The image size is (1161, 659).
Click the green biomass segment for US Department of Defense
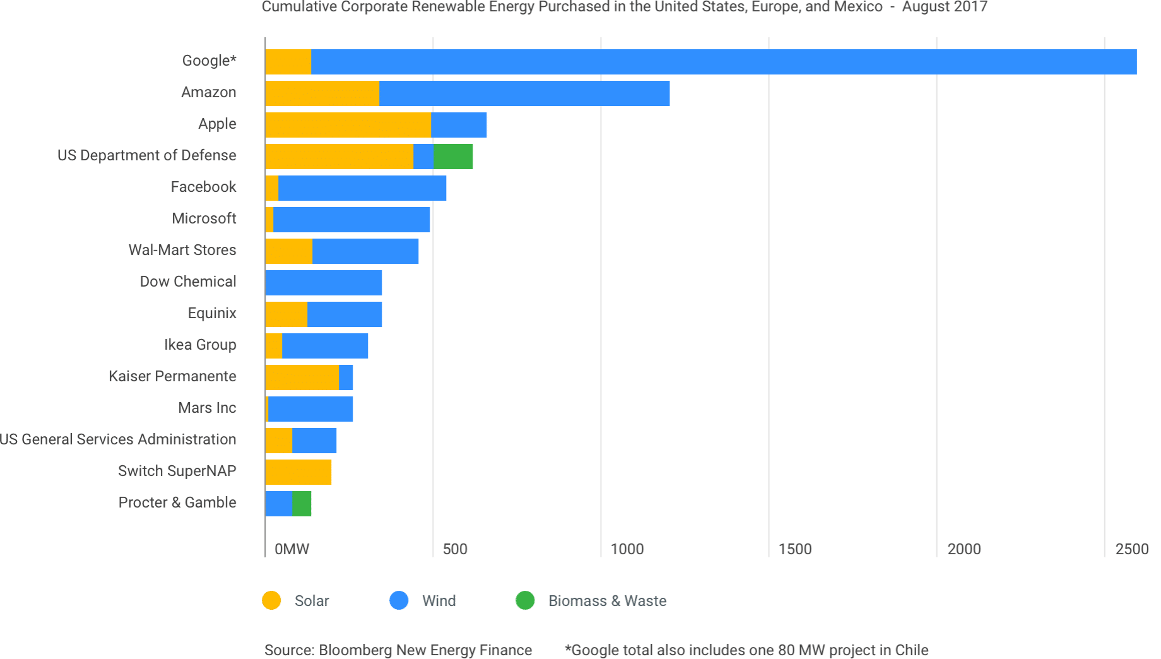tap(453, 157)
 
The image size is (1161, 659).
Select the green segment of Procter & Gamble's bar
tap(302, 504)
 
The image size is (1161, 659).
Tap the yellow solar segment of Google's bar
tap(288, 62)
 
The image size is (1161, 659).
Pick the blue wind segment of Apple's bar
tap(459, 125)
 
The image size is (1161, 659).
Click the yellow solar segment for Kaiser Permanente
tap(302, 377)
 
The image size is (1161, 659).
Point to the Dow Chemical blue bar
tap(324, 283)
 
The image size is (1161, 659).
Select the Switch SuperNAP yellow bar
tap(298, 472)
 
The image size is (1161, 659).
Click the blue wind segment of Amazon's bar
tap(524, 93)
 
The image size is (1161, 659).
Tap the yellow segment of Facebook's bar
tap(272, 188)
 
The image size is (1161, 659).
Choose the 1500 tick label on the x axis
tap(795, 549)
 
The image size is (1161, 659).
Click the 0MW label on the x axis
tap(292, 549)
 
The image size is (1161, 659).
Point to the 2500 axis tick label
tap(1131, 549)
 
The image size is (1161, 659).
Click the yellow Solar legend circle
tap(272, 600)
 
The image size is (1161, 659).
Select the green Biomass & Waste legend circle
tap(525, 600)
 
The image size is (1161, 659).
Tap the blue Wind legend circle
tap(399, 600)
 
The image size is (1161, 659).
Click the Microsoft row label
tap(204, 218)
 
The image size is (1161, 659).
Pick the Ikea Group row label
tap(200, 345)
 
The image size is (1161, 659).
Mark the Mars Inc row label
tap(207, 408)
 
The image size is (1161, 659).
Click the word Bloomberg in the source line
tap(355, 650)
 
